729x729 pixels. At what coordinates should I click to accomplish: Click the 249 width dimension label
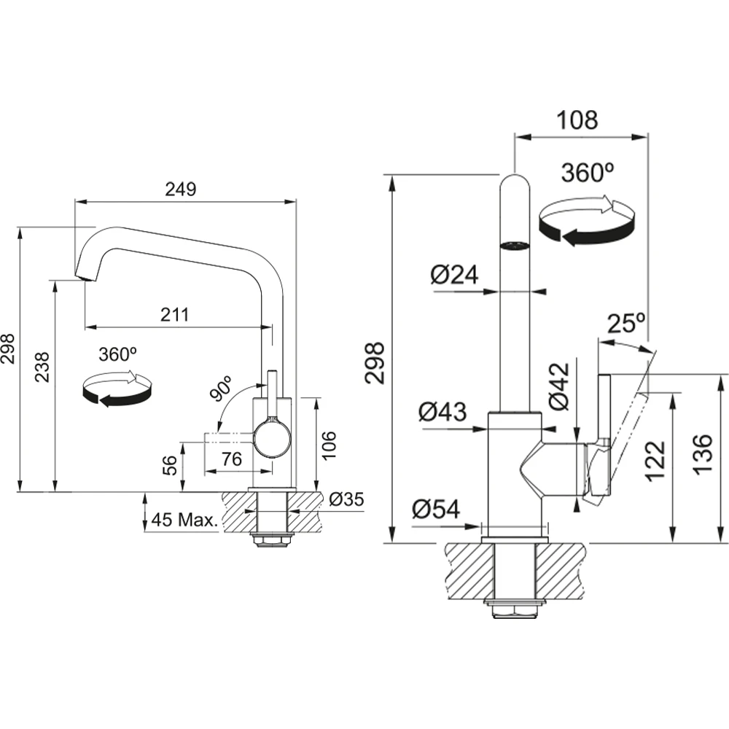(x=181, y=190)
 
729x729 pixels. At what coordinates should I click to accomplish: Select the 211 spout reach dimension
(x=175, y=315)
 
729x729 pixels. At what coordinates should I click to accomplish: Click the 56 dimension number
(x=169, y=464)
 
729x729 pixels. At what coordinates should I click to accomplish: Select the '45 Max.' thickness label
(x=183, y=521)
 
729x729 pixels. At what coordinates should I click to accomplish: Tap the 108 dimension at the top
(x=577, y=120)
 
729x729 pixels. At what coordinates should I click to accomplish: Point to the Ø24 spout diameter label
(x=453, y=275)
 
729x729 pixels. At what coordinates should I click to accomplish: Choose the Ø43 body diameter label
(x=443, y=413)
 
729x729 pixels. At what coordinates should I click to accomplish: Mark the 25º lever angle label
(x=626, y=324)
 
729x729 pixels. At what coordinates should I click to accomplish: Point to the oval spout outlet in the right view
(x=516, y=244)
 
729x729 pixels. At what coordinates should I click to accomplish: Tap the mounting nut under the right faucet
(x=515, y=609)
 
